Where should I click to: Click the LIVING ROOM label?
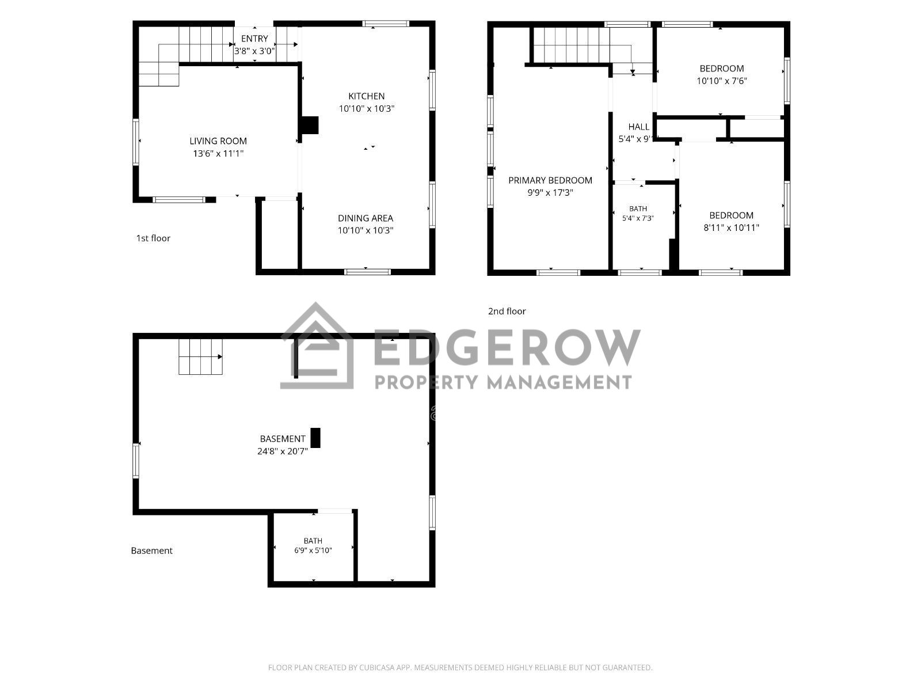[x=218, y=142]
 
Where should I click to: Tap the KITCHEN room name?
[x=366, y=96]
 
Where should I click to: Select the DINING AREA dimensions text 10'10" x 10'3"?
[x=366, y=230]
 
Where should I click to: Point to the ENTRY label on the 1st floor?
[x=254, y=39]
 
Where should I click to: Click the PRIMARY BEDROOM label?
[x=550, y=180]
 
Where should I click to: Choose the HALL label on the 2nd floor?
[x=638, y=127]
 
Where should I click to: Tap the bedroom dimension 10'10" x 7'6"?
[x=722, y=81]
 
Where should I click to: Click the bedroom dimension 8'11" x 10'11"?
[x=731, y=228]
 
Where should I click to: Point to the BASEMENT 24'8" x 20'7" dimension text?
[x=283, y=451]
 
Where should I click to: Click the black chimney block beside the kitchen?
[x=309, y=125]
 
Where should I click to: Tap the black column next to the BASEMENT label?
[x=315, y=438]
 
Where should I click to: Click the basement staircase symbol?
[x=200, y=356]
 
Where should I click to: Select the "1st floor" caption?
[x=153, y=238]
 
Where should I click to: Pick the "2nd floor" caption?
[x=507, y=312]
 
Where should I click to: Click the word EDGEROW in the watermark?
[x=507, y=347]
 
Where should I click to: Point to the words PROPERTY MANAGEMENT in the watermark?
[x=503, y=382]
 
